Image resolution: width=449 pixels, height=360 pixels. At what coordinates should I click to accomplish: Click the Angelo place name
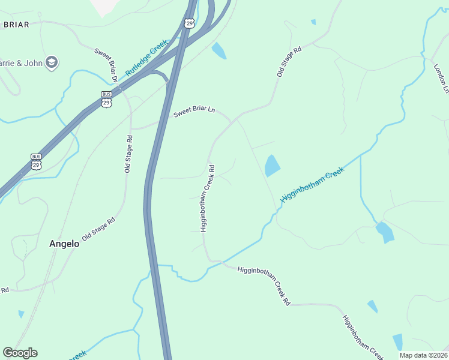coord(64,244)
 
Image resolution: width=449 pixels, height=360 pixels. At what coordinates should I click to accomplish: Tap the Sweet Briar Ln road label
coord(194,112)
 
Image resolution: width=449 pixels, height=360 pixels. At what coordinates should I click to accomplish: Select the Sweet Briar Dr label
coord(106,65)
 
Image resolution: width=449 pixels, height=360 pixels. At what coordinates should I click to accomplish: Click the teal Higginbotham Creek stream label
coord(312,187)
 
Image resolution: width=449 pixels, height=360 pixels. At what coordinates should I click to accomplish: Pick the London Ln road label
coord(441,78)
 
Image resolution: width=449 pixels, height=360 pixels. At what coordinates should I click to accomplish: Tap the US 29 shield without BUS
coord(190,23)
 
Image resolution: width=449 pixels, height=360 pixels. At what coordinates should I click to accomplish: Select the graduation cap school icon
coord(52,61)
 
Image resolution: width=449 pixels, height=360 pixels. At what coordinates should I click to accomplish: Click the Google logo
coord(20,353)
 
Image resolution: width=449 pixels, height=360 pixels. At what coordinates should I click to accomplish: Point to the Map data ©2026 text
coord(423,355)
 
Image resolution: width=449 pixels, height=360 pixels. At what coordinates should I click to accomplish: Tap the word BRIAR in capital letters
coord(16,25)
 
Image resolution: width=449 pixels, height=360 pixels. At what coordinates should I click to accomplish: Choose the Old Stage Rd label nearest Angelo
coord(98,229)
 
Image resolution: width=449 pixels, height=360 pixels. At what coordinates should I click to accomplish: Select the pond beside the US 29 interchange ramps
coord(219,51)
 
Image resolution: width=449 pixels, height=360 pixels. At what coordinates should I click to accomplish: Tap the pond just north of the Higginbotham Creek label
coord(272,166)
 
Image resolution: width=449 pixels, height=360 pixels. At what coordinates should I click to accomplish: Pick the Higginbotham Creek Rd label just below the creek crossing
coord(264,286)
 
